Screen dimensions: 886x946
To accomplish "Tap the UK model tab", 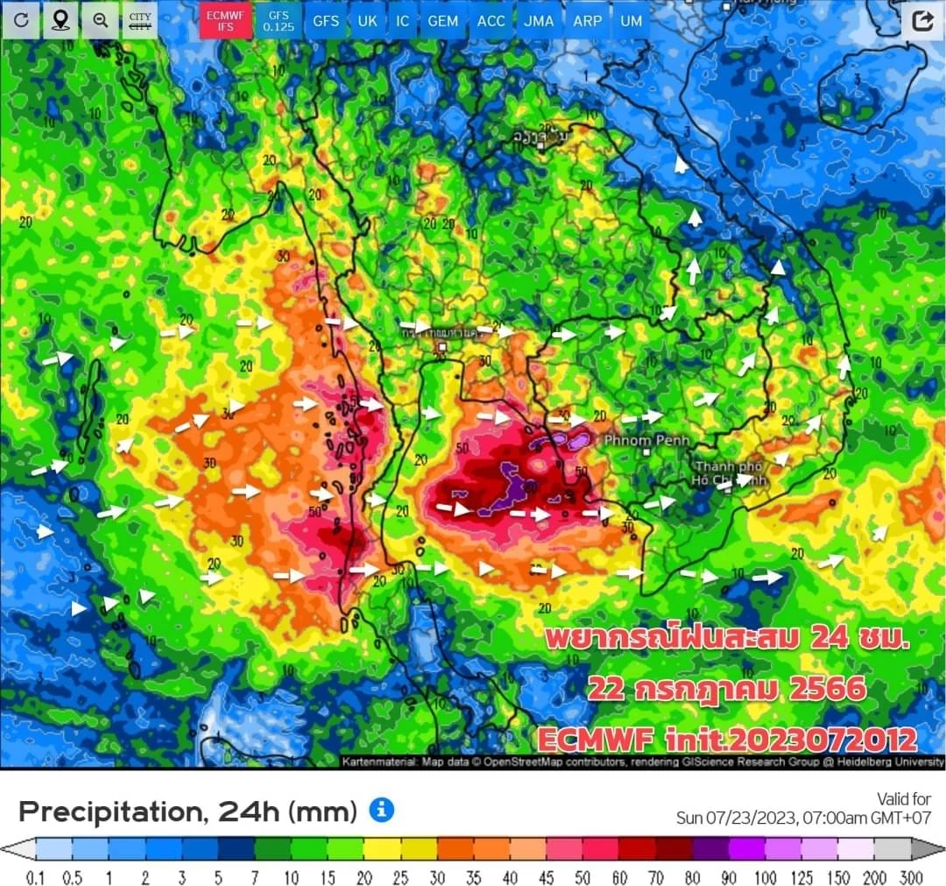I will pyautogui.click(x=368, y=20).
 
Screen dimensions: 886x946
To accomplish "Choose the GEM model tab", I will pyautogui.click(x=442, y=20).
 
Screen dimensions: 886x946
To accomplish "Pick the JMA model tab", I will pyautogui.click(x=539, y=20).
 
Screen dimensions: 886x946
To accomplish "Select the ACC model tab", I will pyautogui.click(x=491, y=20).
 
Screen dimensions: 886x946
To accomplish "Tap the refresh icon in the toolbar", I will pyautogui.click(x=21, y=20).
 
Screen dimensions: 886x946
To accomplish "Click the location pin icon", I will pyautogui.click(x=60, y=20).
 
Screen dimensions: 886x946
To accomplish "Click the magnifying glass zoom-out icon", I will pyautogui.click(x=100, y=20).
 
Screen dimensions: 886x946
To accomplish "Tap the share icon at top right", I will pyautogui.click(x=921, y=20).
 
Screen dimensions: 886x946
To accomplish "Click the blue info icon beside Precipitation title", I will pyautogui.click(x=381, y=810).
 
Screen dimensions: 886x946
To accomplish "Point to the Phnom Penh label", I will pyautogui.click(x=646, y=440).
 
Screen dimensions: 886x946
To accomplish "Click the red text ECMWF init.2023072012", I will pyautogui.click(x=727, y=739).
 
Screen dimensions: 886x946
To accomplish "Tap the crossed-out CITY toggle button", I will pyautogui.click(x=139, y=20).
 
